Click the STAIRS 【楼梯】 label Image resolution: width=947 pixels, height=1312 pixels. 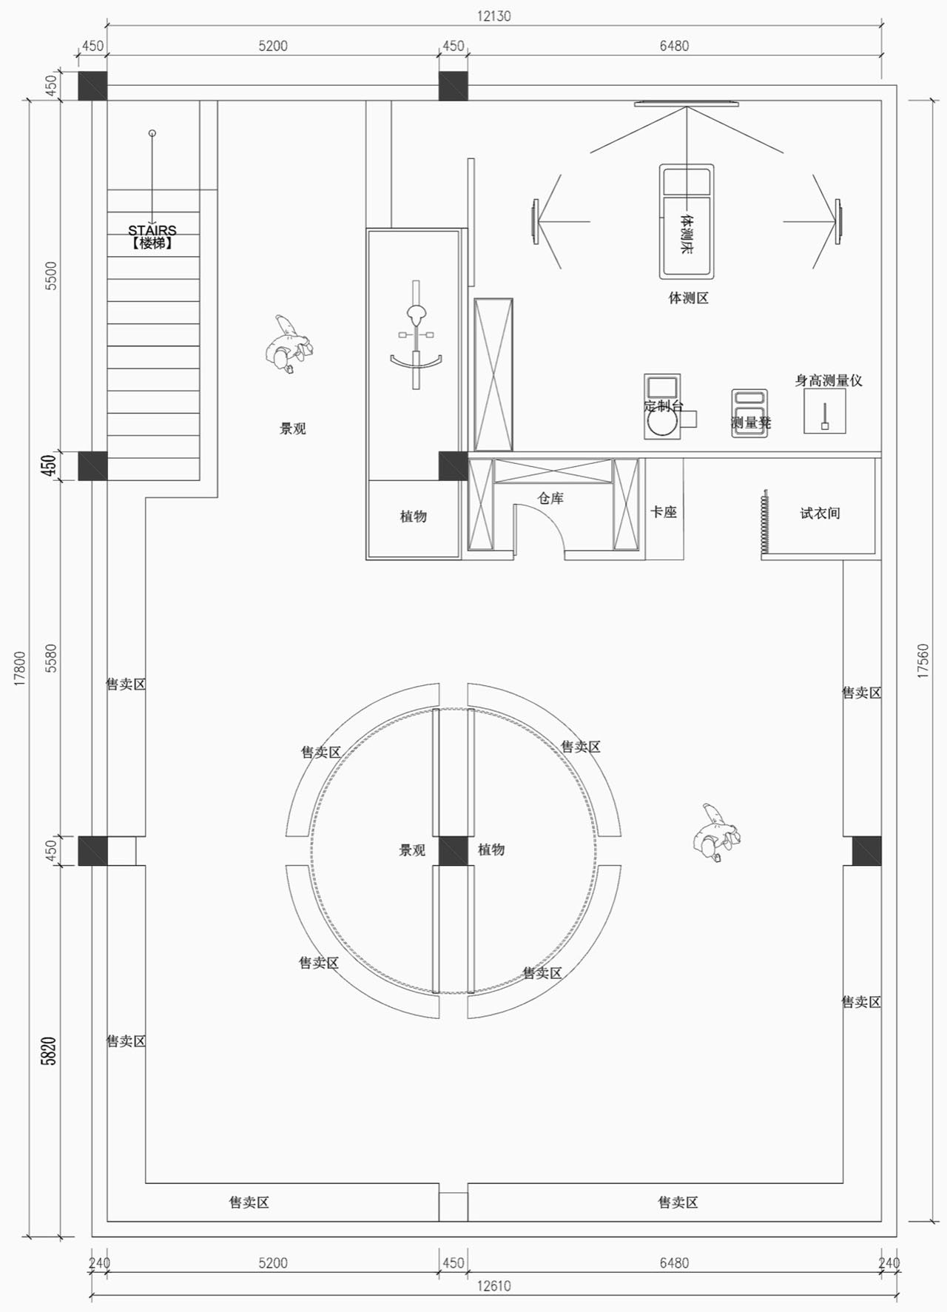click(x=152, y=237)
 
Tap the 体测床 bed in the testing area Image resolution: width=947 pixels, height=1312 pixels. click(x=687, y=221)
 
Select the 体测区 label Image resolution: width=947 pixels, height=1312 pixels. click(x=689, y=298)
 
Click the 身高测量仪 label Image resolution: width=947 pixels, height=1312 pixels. click(x=829, y=380)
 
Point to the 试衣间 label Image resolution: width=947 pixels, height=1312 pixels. click(x=820, y=513)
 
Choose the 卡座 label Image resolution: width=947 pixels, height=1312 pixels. click(x=664, y=512)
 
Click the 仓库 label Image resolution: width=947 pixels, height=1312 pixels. click(x=550, y=498)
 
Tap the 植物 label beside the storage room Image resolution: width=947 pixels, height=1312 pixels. click(x=414, y=517)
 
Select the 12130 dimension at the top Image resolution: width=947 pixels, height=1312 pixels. click(x=493, y=16)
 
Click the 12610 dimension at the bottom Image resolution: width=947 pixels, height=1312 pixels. click(x=493, y=1285)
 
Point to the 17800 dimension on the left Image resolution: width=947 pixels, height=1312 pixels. click(x=20, y=668)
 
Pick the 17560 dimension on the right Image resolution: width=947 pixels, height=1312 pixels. click(x=923, y=661)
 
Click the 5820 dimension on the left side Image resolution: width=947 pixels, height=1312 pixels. click(x=49, y=1050)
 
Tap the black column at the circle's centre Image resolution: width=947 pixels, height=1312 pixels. click(x=453, y=850)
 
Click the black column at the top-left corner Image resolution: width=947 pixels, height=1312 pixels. click(x=92, y=86)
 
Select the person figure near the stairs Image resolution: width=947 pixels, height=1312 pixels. click(x=287, y=345)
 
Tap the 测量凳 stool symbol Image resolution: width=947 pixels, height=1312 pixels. click(x=749, y=413)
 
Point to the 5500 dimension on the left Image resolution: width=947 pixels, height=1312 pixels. click(x=50, y=275)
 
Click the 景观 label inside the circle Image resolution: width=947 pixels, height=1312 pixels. click(x=412, y=850)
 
